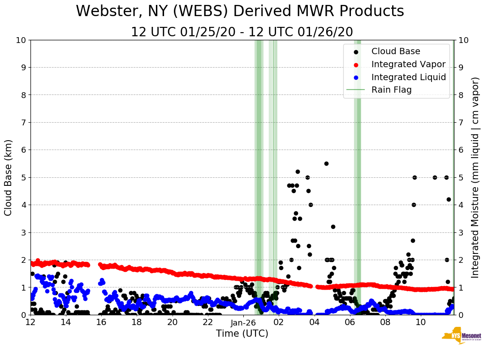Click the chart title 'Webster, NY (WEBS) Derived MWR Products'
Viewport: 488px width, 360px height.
click(240, 11)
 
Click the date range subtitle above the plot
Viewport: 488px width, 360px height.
click(242, 32)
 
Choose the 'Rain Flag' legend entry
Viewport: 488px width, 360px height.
click(391, 90)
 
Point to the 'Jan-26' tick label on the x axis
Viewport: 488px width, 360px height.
click(243, 322)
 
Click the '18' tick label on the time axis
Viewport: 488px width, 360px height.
click(137, 322)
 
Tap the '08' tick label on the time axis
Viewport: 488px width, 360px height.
click(385, 322)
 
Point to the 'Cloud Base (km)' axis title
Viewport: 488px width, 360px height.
click(9, 177)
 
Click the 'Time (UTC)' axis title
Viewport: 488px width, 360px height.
click(242, 334)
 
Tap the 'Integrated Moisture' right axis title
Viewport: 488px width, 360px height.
click(475, 177)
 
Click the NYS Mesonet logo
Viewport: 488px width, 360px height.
click(461, 338)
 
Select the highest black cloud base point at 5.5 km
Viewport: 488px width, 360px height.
click(326, 163)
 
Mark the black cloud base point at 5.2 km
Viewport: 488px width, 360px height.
click(298, 171)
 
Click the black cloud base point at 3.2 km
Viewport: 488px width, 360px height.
click(333, 227)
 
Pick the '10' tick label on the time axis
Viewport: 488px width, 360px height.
click(421, 322)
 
